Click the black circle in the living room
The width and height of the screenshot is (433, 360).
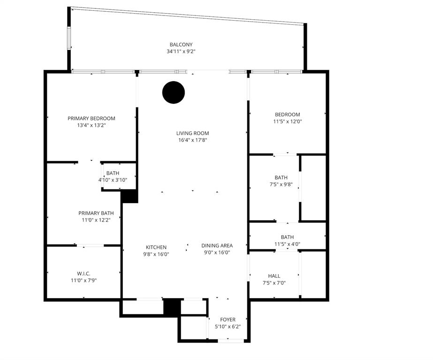[x=174, y=92]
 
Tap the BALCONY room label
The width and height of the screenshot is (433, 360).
[x=181, y=45]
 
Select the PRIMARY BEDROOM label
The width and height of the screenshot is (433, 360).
[x=91, y=118]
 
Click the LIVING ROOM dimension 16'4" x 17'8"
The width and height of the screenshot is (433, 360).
[x=192, y=140]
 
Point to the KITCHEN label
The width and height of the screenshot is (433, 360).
[x=156, y=247]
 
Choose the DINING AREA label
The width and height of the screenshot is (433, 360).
[x=217, y=245]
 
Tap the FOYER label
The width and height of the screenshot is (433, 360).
[x=228, y=320]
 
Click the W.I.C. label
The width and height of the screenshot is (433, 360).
[x=84, y=274]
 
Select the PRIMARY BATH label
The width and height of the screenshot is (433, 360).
[x=96, y=213]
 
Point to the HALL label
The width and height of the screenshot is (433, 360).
[x=274, y=276]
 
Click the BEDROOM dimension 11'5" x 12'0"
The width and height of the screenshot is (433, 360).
[x=288, y=121]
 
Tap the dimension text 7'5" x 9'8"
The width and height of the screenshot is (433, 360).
[x=281, y=184]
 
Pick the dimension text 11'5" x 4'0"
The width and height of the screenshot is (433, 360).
[x=288, y=244]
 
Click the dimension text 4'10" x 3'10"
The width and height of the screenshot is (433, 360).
[x=113, y=180]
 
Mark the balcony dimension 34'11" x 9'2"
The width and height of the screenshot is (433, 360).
[x=181, y=51]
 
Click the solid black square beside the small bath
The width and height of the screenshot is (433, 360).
[x=129, y=196]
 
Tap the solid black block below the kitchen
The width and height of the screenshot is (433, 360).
[x=172, y=306]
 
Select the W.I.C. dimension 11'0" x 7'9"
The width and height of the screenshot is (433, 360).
[x=84, y=280]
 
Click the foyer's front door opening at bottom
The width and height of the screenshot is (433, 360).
[x=231, y=341]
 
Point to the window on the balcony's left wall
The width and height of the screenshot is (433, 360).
[x=69, y=38]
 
